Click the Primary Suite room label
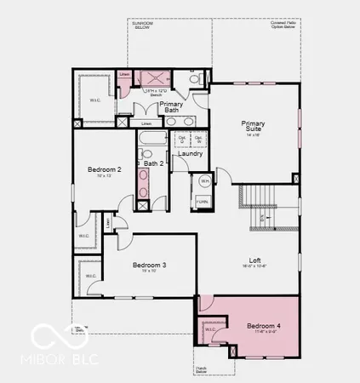254,124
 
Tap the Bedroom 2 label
105,170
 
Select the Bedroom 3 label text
149,266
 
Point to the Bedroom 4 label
263,326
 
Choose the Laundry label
190,153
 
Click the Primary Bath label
171,107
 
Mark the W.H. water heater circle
204,182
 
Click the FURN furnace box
203,201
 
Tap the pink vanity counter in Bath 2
143,183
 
